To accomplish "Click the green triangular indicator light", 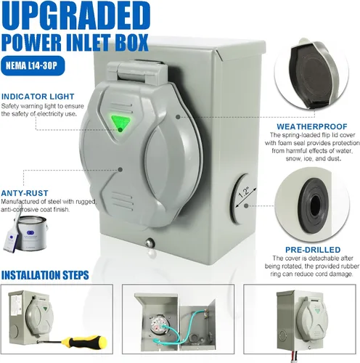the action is coord(120,123).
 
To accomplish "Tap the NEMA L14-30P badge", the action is coord(33,65).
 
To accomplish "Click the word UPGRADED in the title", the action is coord(76,16).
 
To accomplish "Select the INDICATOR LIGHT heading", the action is coord(38,97).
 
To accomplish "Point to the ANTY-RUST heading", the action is coord(25,193).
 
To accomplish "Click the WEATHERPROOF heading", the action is coord(312,126).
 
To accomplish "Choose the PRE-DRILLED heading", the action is coord(313,250).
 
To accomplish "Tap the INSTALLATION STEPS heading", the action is coord(45,275).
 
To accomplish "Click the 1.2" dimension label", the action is coord(245,192).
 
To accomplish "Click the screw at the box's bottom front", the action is coord(150,242).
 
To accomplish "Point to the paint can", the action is coord(32,233).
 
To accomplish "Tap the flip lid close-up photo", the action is coord(312,73).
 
